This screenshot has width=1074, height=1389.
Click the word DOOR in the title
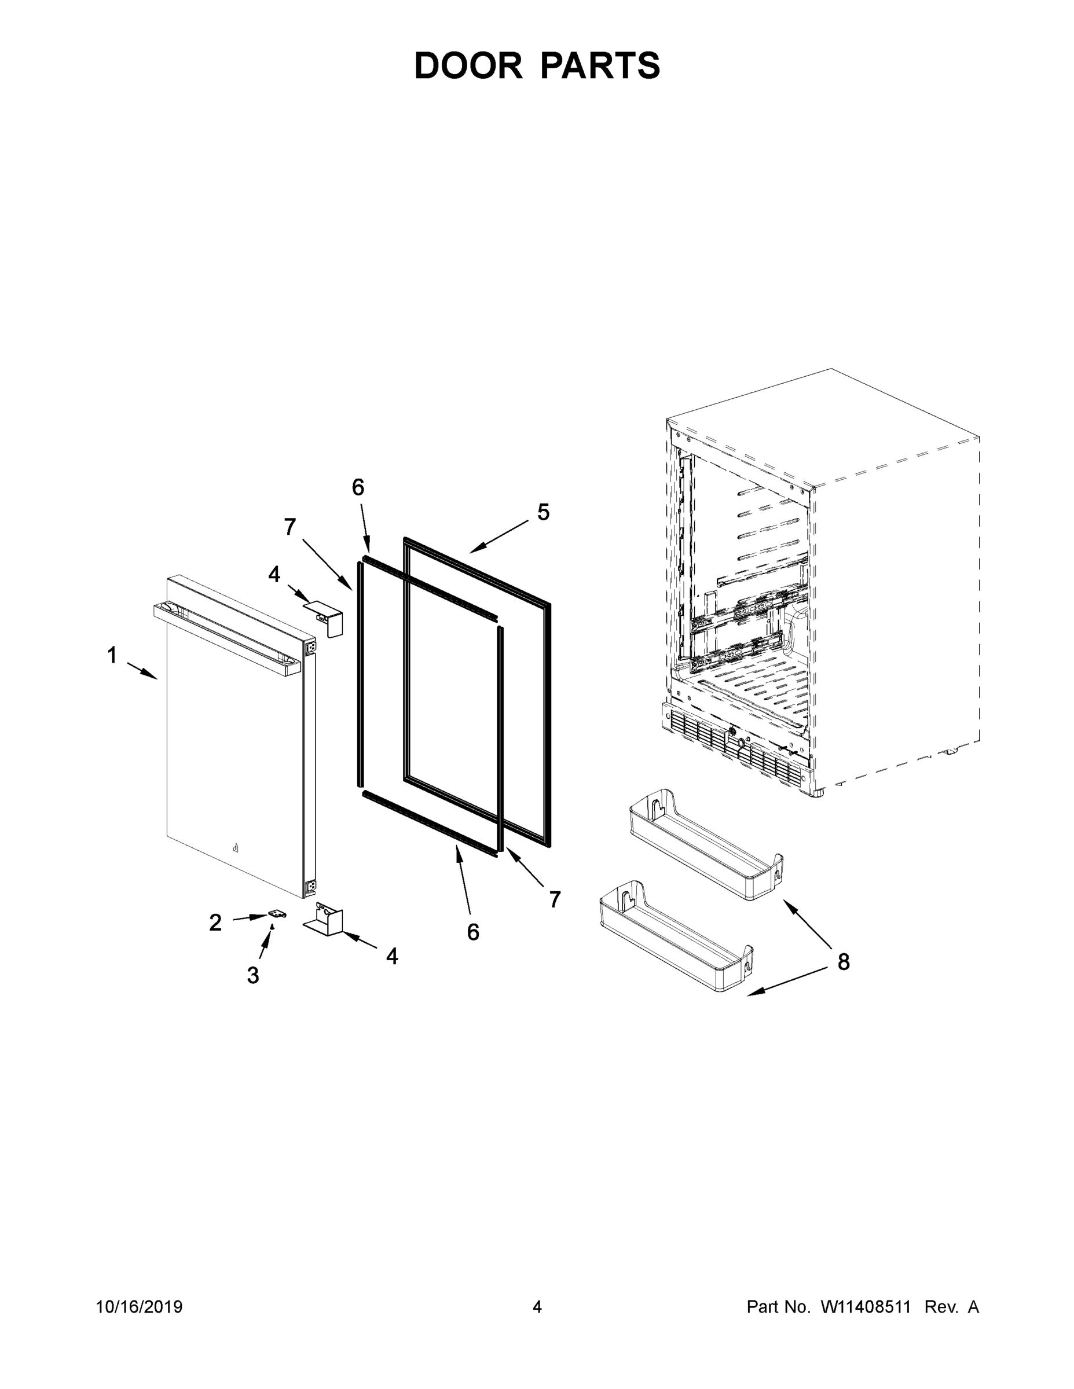468,65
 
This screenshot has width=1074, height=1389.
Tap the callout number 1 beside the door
112,655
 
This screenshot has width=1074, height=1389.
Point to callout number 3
252,975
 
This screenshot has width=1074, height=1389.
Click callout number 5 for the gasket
543,512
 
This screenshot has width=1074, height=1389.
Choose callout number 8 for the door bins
843,962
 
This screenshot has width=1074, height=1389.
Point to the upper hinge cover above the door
325,618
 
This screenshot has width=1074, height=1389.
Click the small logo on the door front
236,848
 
